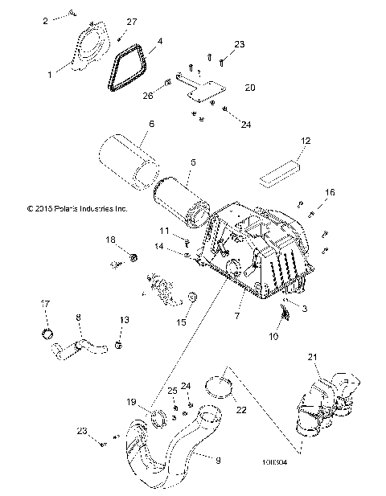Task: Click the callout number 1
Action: coord(50,74)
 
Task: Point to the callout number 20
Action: coord(249,87)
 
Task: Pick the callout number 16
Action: coord(329,191)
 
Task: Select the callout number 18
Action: coord(111,240)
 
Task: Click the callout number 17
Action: coord(45,303)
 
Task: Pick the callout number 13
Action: coord(122,319)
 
